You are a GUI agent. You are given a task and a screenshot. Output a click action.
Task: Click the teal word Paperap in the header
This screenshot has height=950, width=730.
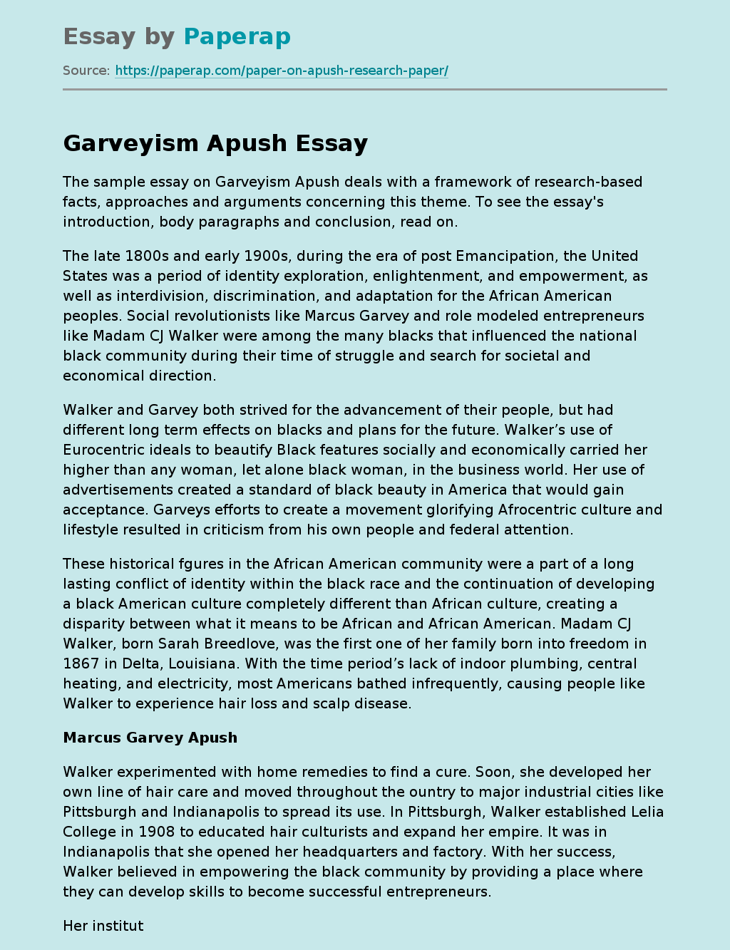(237, 36)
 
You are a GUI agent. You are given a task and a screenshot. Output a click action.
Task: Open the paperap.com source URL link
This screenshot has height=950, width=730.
(281, 71)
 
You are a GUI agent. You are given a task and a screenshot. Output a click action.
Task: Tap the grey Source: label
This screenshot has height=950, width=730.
(86, 71)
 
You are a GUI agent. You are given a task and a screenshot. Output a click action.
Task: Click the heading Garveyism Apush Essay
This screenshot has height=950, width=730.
(215, 143)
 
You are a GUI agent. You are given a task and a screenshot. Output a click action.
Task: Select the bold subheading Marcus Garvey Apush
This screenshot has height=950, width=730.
(150, 738)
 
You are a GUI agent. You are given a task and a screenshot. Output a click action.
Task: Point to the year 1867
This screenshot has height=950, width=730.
(81, 664)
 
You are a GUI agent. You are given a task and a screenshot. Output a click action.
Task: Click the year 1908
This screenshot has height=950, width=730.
(155, 832)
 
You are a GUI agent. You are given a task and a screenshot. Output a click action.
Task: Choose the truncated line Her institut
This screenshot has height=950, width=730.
(103, 926)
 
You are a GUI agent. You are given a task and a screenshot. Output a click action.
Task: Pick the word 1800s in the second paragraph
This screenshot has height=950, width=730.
(144, 256)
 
